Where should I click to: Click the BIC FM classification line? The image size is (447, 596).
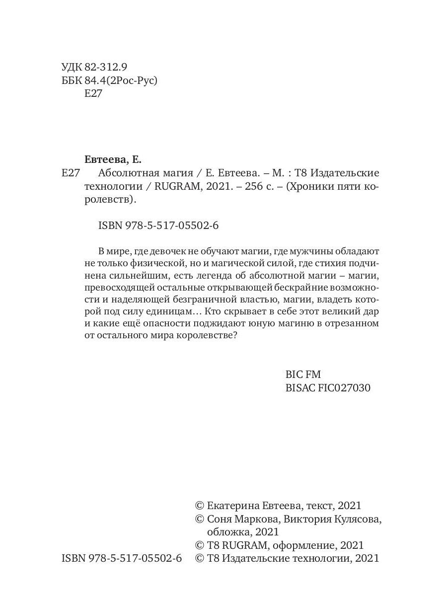tap(303, 375)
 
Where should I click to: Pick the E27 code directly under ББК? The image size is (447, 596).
tap(93, 94)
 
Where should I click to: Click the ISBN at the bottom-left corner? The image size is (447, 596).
tap(122, 558)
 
